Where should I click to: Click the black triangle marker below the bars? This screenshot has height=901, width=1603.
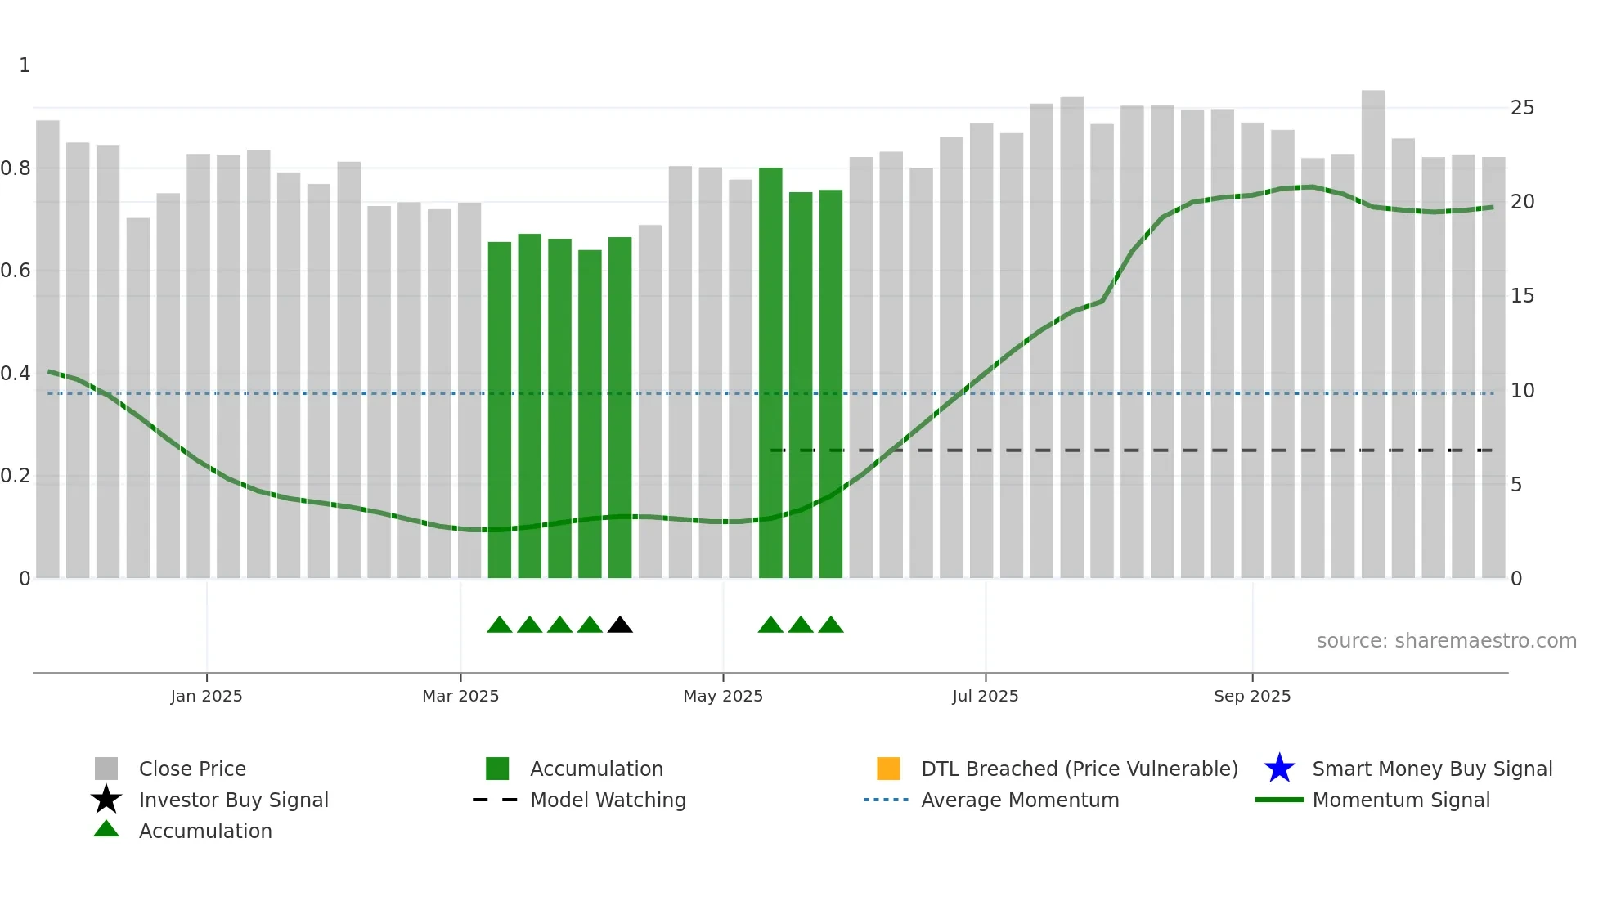620,625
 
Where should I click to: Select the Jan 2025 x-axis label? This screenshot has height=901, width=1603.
206,696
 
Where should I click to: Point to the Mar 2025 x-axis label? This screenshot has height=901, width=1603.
460,696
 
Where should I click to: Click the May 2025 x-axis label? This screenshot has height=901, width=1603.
723,696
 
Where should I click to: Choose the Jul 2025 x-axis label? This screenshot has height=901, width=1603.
985,696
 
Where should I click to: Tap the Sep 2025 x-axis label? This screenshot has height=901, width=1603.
1252,696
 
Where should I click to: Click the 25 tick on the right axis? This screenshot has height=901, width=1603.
1522,108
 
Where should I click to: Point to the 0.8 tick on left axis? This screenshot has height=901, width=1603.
16,168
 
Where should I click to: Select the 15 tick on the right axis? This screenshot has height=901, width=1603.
1522,296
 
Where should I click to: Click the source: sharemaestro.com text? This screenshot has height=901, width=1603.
1446,641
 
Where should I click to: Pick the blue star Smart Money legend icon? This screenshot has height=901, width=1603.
1279,769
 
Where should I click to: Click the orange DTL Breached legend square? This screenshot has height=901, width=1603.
888,769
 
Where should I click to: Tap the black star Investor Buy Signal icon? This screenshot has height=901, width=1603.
106,800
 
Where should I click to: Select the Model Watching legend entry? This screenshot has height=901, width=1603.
608,800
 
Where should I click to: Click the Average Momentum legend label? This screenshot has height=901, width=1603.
1020,800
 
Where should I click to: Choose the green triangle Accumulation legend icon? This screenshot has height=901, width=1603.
106,829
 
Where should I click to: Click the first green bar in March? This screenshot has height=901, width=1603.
499,409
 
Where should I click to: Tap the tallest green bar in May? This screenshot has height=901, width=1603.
770,372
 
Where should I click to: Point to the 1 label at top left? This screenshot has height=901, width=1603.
25,65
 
